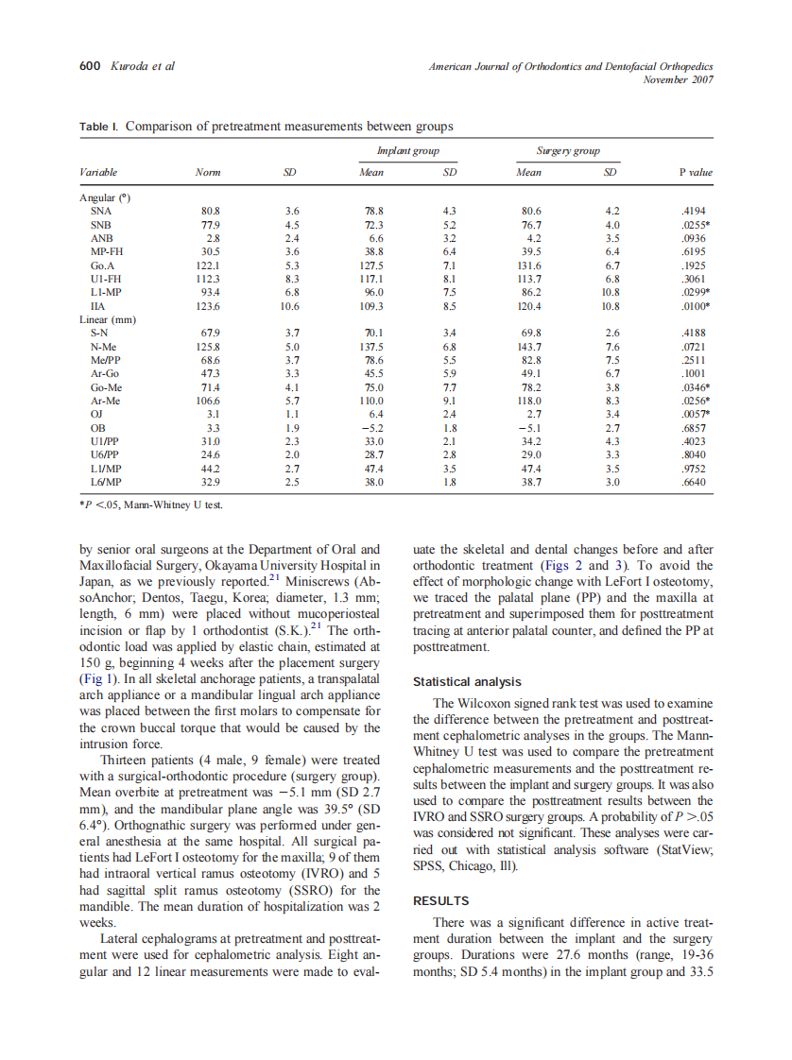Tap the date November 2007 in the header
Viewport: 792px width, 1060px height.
pos(678,79)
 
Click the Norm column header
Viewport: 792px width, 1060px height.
pos(207,173)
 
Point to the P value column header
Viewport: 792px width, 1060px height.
pos(696,173)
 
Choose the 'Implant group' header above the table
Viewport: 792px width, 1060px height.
pos(407,151)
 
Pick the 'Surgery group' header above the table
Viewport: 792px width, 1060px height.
pos(568,151)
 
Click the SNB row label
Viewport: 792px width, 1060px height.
pos(100,225)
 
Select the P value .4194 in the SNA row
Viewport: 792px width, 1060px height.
pos(693,211)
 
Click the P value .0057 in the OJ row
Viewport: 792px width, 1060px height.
pos(694,415)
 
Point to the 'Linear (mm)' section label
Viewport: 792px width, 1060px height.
pos(107,320)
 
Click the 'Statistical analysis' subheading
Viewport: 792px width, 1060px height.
pos(467,681)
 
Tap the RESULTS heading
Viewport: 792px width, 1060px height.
pos(440,901)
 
